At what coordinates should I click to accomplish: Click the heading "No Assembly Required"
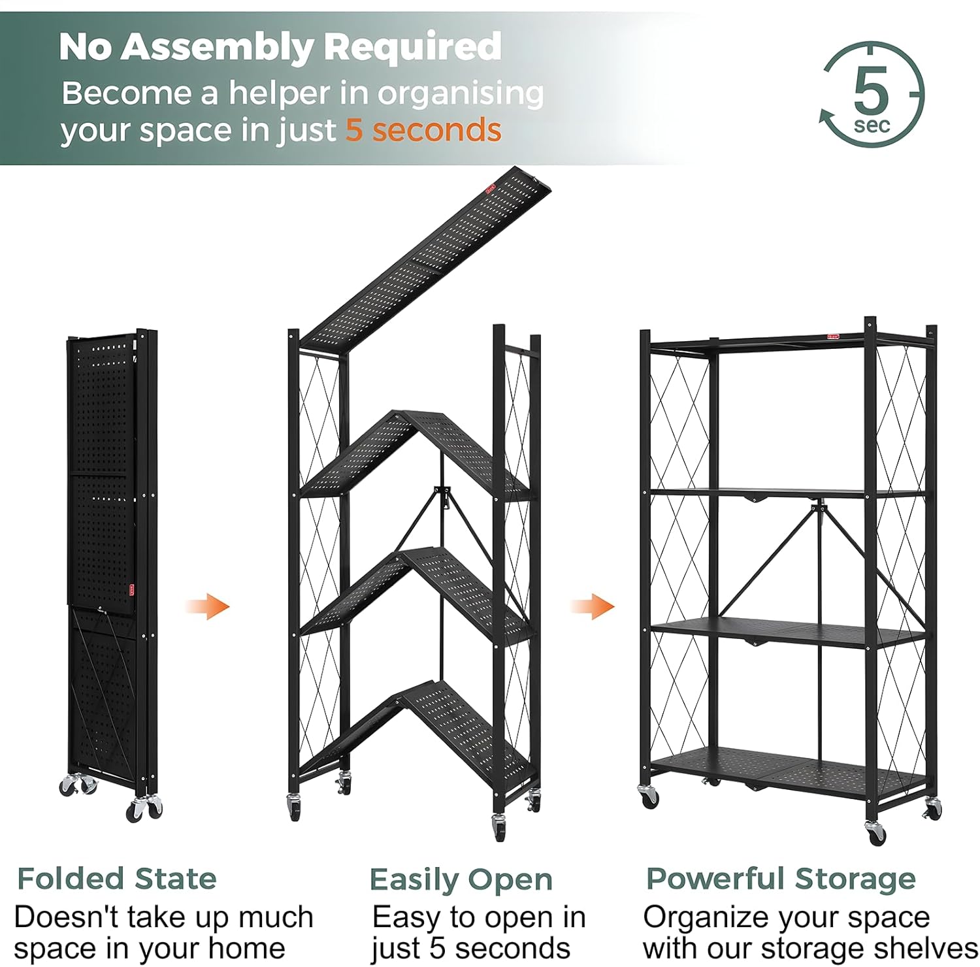tap(280, 47)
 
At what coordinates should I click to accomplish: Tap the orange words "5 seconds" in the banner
tap(423, 129)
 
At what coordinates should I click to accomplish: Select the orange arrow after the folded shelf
tap(208, 606)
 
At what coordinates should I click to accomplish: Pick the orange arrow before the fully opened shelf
tap(593, 606)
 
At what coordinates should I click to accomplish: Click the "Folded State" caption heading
tap(116, 879)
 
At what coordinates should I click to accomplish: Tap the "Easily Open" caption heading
tap(461, 879)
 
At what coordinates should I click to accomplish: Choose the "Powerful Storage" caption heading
tap(780, 879)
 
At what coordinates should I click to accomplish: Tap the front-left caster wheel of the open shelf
tap(649, 796)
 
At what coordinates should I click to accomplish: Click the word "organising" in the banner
tap(461, 94)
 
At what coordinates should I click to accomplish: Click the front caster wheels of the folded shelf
tap(144, 809)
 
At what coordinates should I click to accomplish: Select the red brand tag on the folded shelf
tap(133, 589)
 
